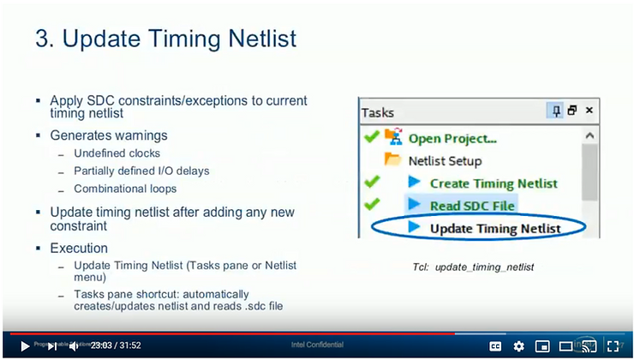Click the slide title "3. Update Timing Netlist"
coord(166,39)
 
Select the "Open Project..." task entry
coord(452,137)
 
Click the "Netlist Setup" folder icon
coord(393,160)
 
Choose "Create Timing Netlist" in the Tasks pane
coord(493,183)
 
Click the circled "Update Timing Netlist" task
coord(494,228)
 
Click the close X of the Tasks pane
coord(589,111)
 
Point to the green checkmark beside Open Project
coord(371,136)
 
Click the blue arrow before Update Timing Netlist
coord(415,228)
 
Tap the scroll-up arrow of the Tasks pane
coord(589,135)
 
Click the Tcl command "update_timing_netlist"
coord(484,267)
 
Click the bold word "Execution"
coord(79,248)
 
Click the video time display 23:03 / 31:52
coord(116,345)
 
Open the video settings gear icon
coord(518,346)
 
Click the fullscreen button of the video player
coord(612,346)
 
